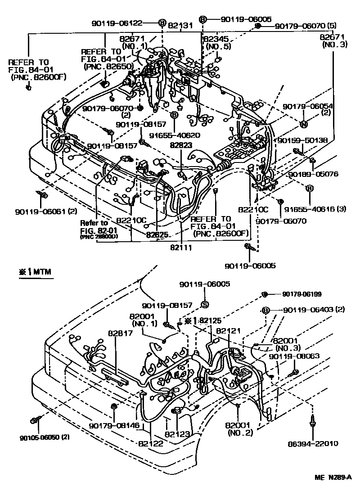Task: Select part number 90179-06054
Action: [308, 106]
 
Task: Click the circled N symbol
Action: [303, 124]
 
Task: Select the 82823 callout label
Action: [181, 146]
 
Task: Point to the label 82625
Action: [157, 234]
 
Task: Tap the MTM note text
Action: [36, 273]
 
